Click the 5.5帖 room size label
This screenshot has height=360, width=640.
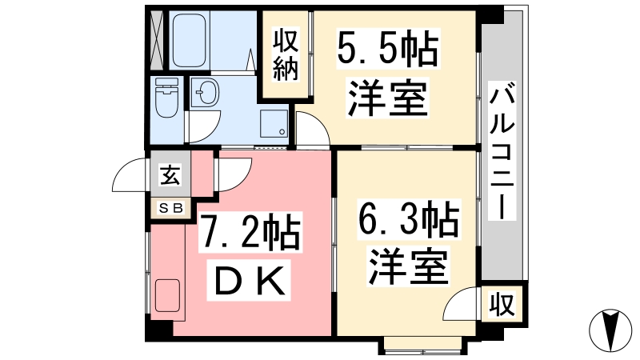(388, 50)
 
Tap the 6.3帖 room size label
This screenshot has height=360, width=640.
(409, 219)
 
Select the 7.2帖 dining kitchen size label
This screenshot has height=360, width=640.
(250, 232)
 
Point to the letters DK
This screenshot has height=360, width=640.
(250, 281)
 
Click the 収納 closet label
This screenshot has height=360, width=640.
(286, 54)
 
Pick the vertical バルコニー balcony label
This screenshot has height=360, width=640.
(502, 150)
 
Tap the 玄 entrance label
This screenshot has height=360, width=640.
(170, 174)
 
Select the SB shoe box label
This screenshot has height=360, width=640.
(170, 208)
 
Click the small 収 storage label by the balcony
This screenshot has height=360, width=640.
(502, 304)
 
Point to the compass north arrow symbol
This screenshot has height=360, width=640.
(610, 330)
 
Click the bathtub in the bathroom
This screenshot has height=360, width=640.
(189, 41)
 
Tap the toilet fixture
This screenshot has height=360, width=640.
(166, 97)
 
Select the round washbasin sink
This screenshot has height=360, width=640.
(205, 93)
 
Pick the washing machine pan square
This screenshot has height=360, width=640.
(274, 124)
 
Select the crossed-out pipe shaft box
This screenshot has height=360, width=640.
(157, 40)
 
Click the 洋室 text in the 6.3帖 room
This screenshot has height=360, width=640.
(409, 266)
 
